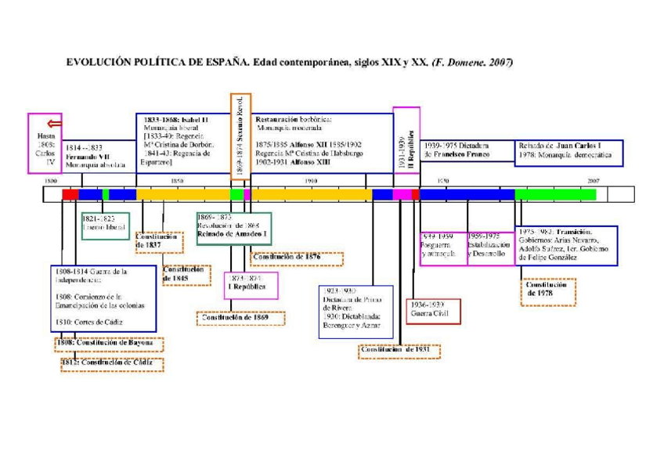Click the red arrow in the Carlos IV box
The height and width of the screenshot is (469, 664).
click(54, 123)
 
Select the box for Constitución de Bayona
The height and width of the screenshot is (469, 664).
click(109, 344)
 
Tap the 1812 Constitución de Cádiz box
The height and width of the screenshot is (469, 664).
click(113, 364)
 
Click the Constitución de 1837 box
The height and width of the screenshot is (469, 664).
click(159, 241)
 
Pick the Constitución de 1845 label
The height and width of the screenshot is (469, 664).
click(186, 274)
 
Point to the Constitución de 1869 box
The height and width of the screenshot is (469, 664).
click(240, 318)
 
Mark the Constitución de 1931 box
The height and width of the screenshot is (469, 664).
click(399, 350)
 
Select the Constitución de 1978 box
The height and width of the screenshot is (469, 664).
click(547, 290)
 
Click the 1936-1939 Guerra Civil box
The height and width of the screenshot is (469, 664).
click(433, 310)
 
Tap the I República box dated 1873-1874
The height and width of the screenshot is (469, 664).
click(251, 286)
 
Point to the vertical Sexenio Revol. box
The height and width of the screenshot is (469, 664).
click(240, 137)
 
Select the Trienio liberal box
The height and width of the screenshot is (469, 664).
click(104, 225)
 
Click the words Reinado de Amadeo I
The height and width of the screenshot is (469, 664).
click(233, 234)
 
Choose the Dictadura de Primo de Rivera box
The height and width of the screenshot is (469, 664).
click(355, 312)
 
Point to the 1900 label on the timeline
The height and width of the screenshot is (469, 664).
click(311, 181)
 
